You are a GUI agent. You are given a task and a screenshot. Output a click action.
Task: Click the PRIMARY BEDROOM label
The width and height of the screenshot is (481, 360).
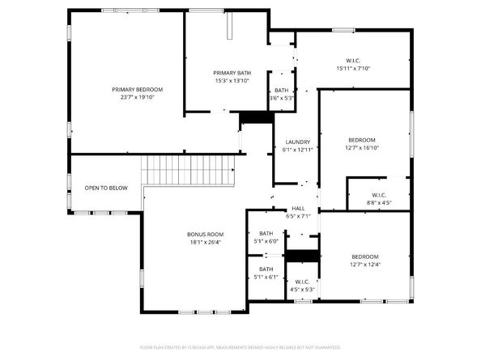[x=138, y=89]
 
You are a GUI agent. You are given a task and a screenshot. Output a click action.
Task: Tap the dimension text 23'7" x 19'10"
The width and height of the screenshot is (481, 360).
[x=138, y=96]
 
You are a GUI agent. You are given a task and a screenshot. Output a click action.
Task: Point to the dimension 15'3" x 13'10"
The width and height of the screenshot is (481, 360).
[x=232, y=80]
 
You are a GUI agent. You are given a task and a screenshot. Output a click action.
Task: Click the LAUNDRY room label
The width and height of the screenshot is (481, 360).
[x=297, y=142]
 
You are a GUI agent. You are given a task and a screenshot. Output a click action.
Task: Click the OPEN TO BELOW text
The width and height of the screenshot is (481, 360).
[x=106, y=188]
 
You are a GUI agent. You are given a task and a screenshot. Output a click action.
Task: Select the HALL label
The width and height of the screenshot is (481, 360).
[x=298, y=209]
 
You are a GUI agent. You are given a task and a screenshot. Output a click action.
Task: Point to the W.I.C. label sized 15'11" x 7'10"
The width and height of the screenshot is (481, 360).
[x=352, y=60]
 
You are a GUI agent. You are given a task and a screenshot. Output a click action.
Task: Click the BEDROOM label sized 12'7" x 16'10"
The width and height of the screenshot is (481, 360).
[x=362, y=140]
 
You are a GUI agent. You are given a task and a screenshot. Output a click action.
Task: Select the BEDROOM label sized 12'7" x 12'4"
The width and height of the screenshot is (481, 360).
[x=364, y=256]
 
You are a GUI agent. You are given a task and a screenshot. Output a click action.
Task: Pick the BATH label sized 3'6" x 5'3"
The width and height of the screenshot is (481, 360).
[x=281, y=91]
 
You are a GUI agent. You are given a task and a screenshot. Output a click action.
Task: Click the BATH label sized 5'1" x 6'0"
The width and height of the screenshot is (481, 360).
[x=266, y=233]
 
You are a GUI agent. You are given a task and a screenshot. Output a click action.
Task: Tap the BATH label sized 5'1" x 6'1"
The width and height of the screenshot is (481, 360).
[x=266, y=269]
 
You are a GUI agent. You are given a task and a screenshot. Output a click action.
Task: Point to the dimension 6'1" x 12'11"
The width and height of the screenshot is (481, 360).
[x=297, y=150]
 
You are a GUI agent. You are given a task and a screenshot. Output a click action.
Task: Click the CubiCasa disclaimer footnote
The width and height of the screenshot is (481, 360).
[x=240, y=347]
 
